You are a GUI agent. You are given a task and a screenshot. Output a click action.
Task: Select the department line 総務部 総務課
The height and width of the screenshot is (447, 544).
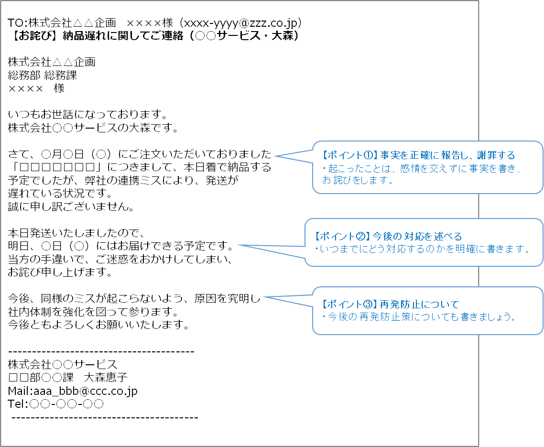43,75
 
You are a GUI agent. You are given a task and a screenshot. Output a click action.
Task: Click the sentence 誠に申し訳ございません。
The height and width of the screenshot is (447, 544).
71,207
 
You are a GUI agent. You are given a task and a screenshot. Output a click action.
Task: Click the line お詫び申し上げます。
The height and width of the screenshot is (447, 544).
60,273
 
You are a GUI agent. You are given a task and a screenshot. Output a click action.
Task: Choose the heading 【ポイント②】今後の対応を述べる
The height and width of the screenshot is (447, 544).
389,237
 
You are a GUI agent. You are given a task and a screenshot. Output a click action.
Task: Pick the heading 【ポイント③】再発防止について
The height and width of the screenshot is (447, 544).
390,305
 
